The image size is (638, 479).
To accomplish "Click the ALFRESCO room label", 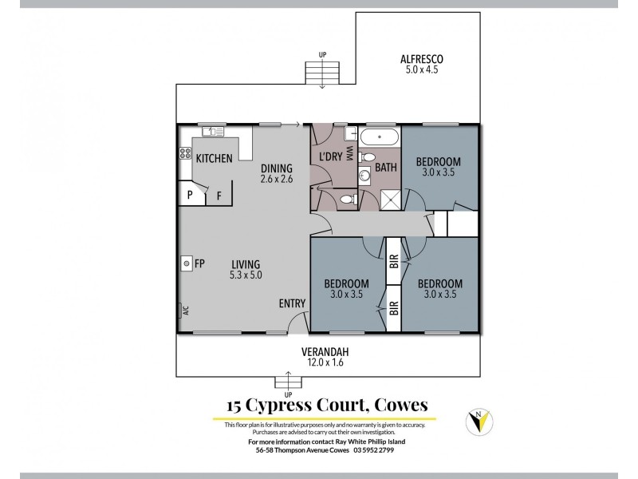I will (x=421, y=58).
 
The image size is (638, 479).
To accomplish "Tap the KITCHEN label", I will (x=214, y=158).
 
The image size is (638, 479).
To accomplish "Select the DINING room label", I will (x=277, y=168).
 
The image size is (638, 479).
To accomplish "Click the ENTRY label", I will (x=291, y=303).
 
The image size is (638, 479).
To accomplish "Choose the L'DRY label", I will (x=331, y=156).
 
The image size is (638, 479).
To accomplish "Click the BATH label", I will (x=386, y=168).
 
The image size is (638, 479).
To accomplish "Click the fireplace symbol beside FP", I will (x=185, y=263).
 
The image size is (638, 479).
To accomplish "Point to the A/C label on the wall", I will (x=184, y=311).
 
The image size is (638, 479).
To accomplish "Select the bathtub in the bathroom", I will (x=380, y=137).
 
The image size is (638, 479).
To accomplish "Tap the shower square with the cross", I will (x=390, y=200).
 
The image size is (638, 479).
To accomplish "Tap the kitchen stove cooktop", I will (x=185, y=153).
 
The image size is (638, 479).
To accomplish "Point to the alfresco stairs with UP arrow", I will (x=322, y=73).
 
